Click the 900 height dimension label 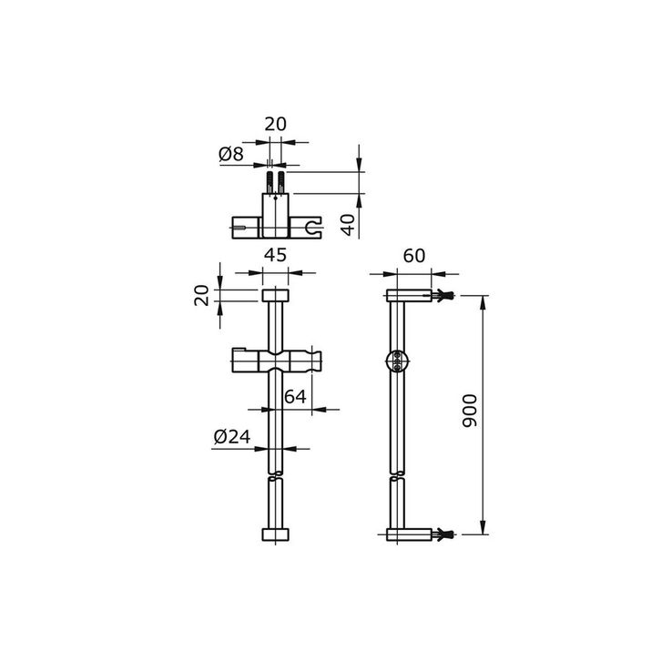[470, 411]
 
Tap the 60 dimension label [414, 256]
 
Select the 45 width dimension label [275, 255]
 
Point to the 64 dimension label [295, 397]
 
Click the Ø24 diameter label [232, 437]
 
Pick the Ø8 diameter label [231, 154]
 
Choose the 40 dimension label [348, 225]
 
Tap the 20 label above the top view [275, 124]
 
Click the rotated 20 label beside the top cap [201, 295]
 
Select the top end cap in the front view [275, 296]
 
